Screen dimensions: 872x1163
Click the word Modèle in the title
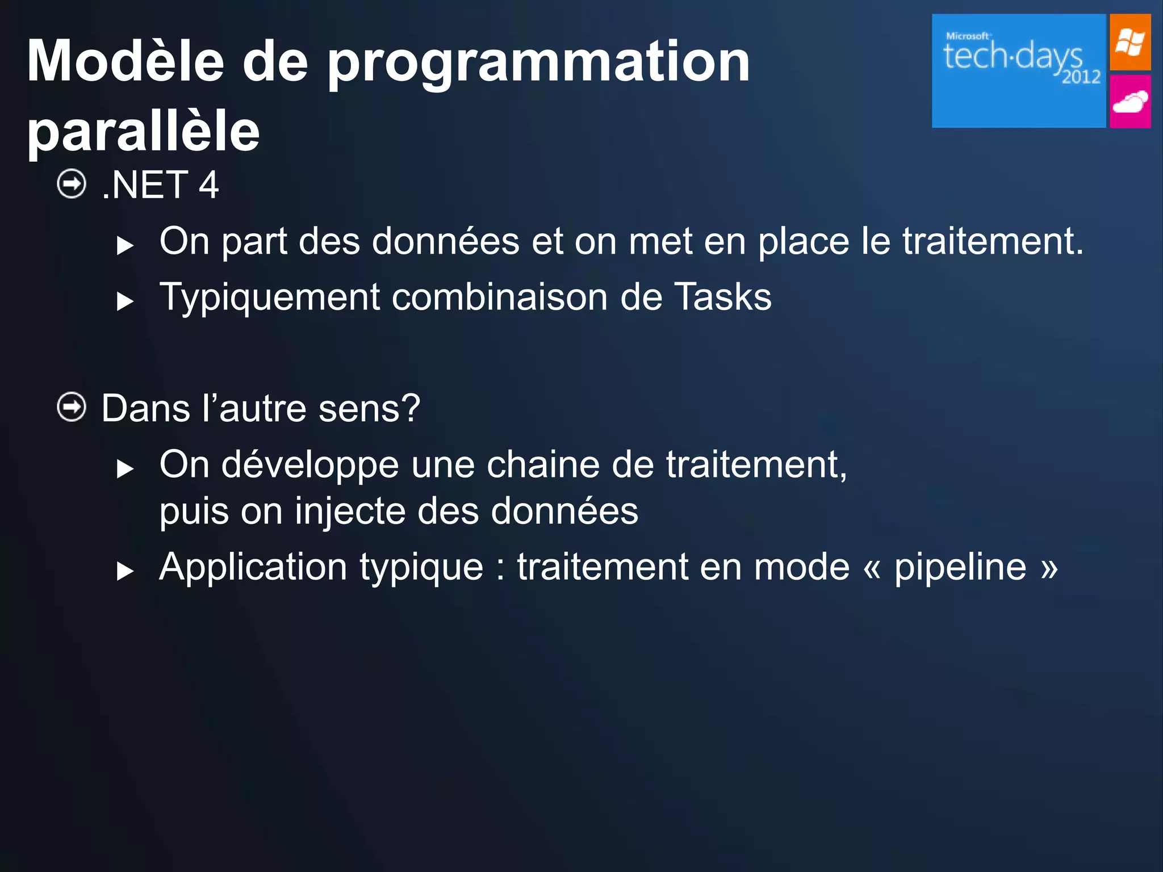click(125, 61)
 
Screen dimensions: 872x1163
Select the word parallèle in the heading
click(143, 131)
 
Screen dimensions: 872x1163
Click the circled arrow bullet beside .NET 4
click(72, 184)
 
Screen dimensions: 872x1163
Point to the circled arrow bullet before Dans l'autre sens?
click(72, 407)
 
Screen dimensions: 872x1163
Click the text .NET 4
click(161, 185)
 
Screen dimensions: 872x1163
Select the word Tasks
click(722, 297)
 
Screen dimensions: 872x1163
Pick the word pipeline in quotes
click(960, 568)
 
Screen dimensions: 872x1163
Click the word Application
click(253, 568)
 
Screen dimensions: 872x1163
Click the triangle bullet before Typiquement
click(124, 301)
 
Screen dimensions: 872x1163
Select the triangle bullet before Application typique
click(124, 571)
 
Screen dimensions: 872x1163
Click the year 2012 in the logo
click(1081, 77)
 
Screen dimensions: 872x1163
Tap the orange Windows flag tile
click(1130, 43)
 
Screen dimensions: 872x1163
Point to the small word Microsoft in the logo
click(968, 36)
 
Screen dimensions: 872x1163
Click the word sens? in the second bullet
click(369, 409)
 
